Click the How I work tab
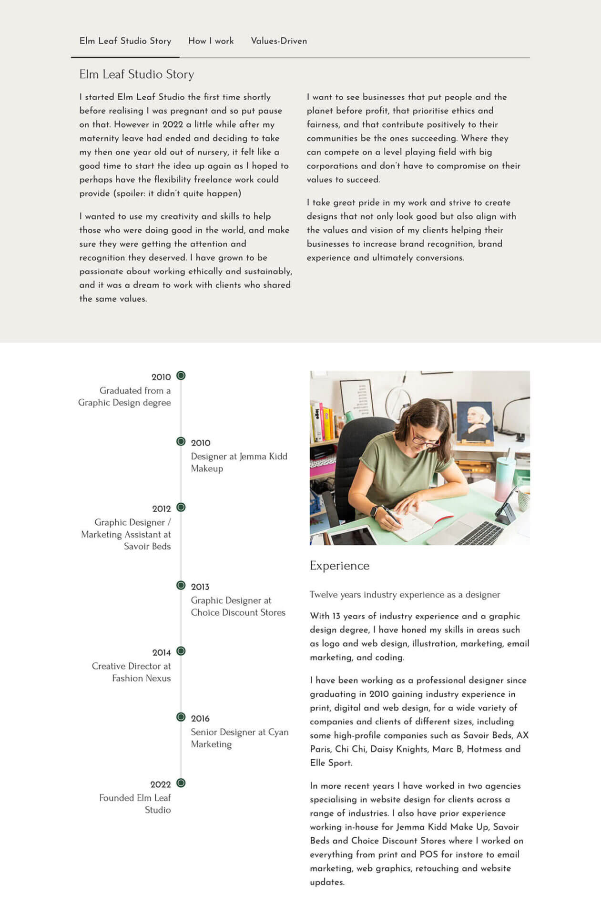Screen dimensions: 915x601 [x=211, y=41]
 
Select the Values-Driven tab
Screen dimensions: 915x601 [x=279, y=41]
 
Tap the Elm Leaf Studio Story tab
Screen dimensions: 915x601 [x=125, y=41]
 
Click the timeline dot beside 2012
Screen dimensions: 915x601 [x=181, y=507]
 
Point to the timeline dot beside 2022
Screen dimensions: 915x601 [x=181, y=783]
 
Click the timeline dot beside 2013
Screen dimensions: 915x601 [x=181, y=585]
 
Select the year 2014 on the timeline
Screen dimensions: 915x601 [x=162, y=652]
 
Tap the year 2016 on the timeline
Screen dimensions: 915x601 [x=200, y=718]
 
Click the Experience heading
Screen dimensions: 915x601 [x=339, y=566]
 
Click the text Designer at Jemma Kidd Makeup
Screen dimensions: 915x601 [x=239, y=462]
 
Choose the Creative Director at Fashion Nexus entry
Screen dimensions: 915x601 [x=131, y=672]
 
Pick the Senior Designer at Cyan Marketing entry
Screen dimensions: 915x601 [x=239, y=738]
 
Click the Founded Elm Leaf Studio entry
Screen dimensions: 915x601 [x=135, y=803]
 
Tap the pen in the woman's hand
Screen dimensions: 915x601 [x=392, y=515]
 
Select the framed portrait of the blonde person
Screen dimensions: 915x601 [x=475, y=422]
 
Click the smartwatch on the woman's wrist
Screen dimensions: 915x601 [x=374, y=511]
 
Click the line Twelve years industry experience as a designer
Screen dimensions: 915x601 [x=405, y=594]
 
